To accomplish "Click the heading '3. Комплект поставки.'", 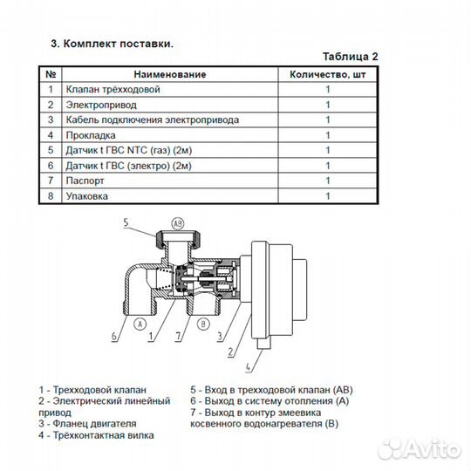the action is pyautogui.click(x=112, y=44).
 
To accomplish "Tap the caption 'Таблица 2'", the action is pyautogui.click(x=351, y=57).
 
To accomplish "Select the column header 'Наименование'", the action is pyautogui.click(x=170, y=74).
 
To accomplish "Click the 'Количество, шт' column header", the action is pyautogui.click(x=327, y=74).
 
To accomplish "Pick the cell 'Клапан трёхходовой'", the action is pyautogui.click(x=113, y=89).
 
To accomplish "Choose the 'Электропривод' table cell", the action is pyautogui.click(x=101, y=105).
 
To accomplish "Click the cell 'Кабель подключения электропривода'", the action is pyautogui.click(x=153, y=119).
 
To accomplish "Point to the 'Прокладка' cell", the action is pyautogui.click(x=91, y=135).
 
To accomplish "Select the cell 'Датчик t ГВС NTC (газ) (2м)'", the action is pyautogui.click(x=129, y=150).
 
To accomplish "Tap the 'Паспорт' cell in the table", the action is pyautogui.click(x=85, y=181).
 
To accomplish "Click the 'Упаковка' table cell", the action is pyautogui.click(x=87, y=196).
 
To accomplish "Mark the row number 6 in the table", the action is pyautogui.click(x=51, y=166).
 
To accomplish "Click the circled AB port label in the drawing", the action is pyautogui.click(x=178, y=223).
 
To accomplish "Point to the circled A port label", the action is pyautogui.click(x=140, y=324).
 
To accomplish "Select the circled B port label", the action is pyautogui.click(x=203, y=324).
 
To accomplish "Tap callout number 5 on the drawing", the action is pyautogui.click(x=126, y=222).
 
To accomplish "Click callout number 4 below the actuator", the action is pyautogui.click(x=248, y=367).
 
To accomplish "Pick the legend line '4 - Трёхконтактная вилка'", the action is pyautogui.click(x=96, y=435).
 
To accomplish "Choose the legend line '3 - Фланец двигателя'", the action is pyautogui.click(x=87, y=424).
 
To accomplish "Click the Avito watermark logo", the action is pyautogui.click(x=419, y=450).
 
